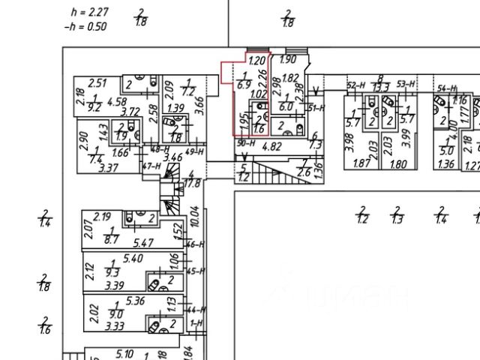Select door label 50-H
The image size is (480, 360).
[244, 142]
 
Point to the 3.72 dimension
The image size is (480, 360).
[130, 112]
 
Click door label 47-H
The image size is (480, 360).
[153, 165]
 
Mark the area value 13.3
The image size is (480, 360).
[381, 88]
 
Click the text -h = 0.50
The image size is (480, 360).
[86, 26]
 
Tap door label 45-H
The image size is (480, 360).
[196, 271]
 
